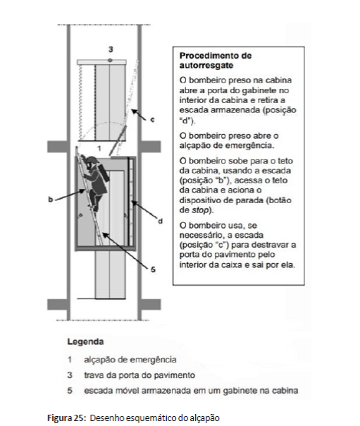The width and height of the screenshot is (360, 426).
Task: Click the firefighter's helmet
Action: coord(92,159)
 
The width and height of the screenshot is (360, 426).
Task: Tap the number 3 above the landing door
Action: coord(111,49)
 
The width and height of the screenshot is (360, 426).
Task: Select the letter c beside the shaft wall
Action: coord(152,119)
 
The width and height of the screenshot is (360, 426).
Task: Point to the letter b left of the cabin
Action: coord(51,199)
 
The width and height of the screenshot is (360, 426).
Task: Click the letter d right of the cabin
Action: coord(161,221)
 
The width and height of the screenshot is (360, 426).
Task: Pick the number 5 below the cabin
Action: coord(153,269)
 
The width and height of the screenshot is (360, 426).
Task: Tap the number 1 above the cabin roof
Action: coord(99,148)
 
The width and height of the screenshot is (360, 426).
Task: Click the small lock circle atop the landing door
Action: coord(110,60)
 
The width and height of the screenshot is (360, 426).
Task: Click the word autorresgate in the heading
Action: coord(206,66)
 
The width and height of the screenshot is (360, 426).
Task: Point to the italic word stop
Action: coord(200,210)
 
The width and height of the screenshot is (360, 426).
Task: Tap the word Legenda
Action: coord(85,341)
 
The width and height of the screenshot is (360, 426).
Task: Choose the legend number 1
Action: coord(70,360)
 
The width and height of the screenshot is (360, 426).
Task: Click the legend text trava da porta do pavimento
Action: coord(139,375)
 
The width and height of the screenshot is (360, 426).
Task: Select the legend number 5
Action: coord(70,391)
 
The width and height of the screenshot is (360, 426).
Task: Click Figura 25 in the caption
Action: coord(67,418)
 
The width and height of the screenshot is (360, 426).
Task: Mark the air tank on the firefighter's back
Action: coord(104,173)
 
